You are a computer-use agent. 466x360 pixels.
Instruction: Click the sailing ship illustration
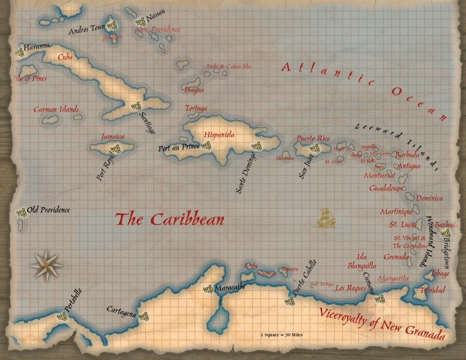coord(326,218)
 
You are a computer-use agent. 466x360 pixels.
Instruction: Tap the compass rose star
coord(46,265)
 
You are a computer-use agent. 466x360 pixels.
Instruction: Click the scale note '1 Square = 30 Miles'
coord(282,335)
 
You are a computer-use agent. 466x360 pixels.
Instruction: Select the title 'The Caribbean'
coord(169,219)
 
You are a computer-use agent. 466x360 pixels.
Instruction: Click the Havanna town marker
coord(20,52)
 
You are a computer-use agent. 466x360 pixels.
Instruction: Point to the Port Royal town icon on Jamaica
coord(115,148)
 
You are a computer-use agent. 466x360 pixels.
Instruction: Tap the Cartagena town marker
coord(143,316)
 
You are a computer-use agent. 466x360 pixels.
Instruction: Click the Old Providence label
coord(48,210)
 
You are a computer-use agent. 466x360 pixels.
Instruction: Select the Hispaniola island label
coord(219,134)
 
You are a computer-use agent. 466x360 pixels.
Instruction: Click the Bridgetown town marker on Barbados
coord(446,233)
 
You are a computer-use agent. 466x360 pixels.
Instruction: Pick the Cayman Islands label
coord(56,110)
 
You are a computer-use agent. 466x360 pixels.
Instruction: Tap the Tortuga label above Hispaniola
coord(196,108)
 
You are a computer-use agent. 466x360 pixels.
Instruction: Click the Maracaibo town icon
coord(209,289)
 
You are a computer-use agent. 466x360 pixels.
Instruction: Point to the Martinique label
coord(396,211)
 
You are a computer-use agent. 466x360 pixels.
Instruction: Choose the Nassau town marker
coord(141,22)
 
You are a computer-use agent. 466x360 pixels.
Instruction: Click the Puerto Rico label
coord(313,138)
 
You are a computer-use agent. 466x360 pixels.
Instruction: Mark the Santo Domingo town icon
coord(256,146)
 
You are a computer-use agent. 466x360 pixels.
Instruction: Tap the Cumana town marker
coord(380,298)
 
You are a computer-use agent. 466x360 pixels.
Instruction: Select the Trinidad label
coord(432,290)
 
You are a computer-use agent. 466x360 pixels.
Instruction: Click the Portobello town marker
coord(62,317)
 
